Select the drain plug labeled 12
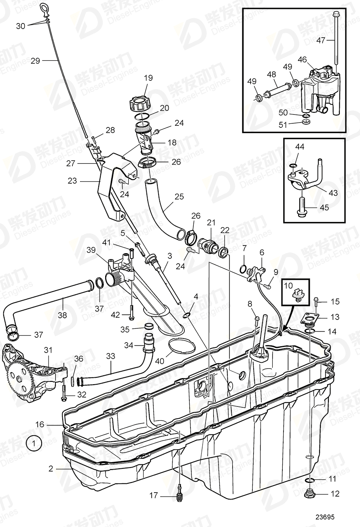click(x=310, y=494)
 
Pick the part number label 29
click(x=36, y=61)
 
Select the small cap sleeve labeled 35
click(x=149, y=326)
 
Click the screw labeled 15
click(x=316, y=301)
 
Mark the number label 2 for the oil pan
click(x=51, y=469)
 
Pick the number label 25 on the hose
click(x=179, y=197)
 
